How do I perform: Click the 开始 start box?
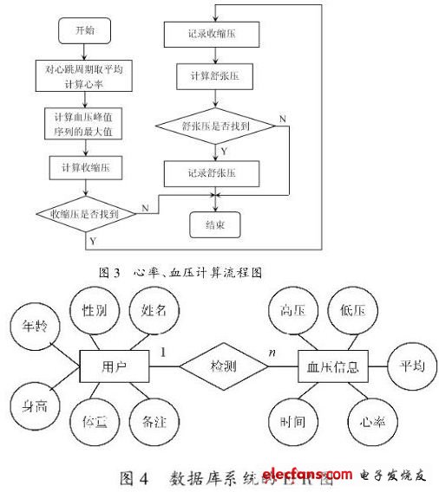click(83, 31)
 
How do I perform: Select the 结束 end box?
click(213, 226)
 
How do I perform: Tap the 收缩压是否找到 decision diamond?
click(85, 212)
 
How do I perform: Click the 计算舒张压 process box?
click(213, 76)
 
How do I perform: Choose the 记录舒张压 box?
click(213, 173)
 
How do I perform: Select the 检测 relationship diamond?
click(223, 367)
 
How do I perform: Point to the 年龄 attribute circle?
click(34, 327)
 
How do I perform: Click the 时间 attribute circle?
click(292, 424)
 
